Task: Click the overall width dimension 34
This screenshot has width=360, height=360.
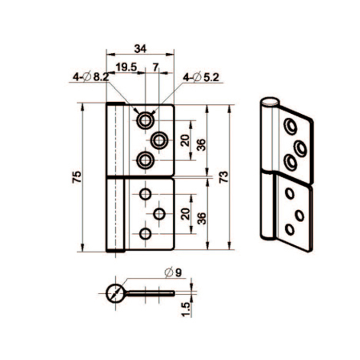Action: (x=140, y=48)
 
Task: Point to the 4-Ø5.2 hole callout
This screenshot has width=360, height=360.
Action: (x=201, y=77)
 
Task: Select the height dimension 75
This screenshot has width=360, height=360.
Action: (x=76, y=177)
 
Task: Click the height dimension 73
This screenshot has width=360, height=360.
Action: (x=223, y=178)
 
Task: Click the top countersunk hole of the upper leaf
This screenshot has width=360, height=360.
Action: (x=144, y=120)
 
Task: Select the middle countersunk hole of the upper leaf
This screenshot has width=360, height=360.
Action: (x=159, y=140)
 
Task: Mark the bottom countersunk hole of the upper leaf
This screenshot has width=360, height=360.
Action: (x=144, y=160)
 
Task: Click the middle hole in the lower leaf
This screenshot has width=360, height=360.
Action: (x=159, y=214)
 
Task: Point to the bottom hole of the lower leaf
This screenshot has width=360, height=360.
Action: (x=144, y=234)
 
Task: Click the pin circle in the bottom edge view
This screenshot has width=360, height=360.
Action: (x=115, y=292)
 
